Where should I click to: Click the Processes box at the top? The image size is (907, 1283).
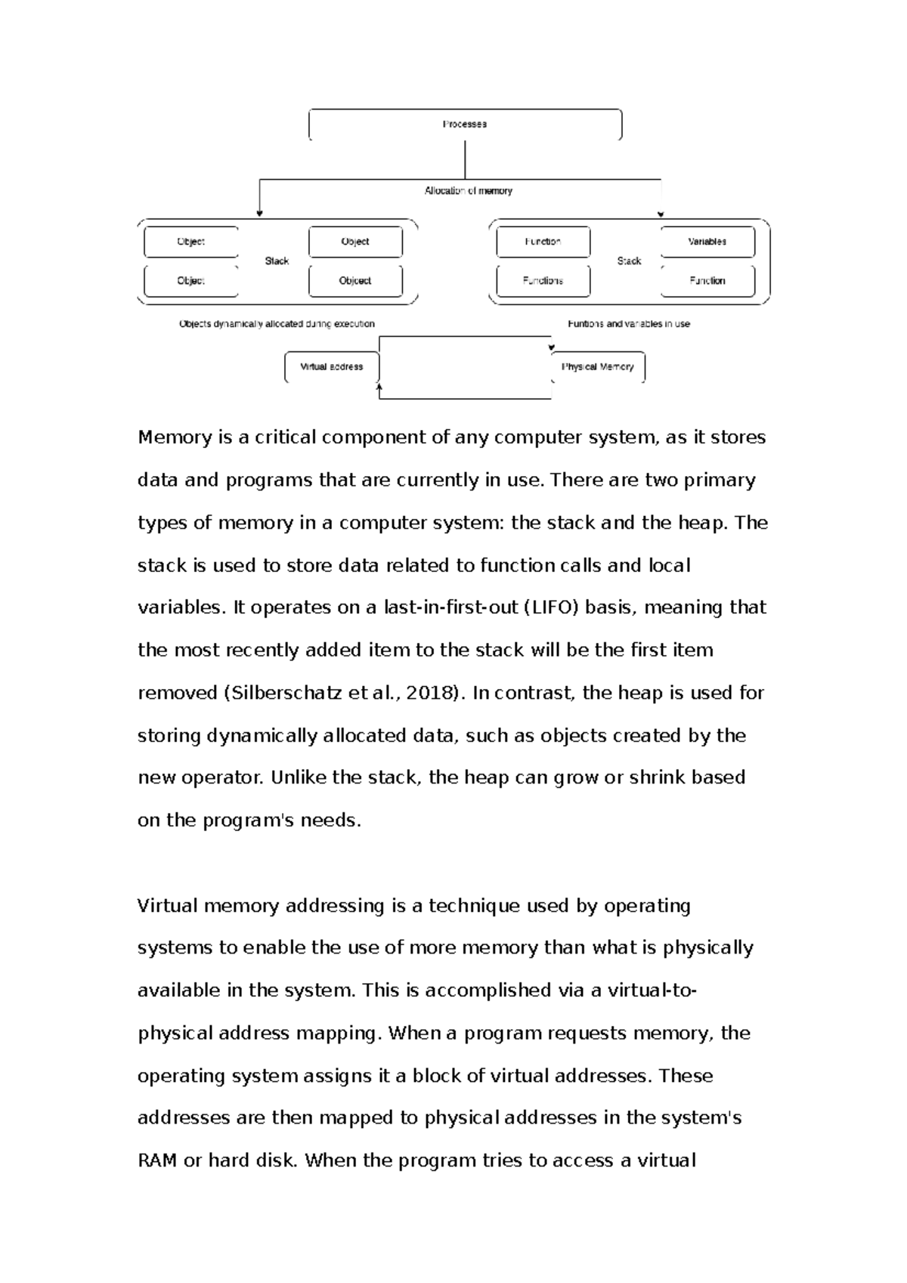(x=465, y=125)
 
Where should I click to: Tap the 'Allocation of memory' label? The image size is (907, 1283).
(x=468, y=191)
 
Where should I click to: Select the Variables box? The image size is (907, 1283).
(x=707, y=242)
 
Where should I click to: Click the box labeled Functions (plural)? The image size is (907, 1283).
(x=543, y=280)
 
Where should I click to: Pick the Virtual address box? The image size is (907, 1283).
(x=331, y=367)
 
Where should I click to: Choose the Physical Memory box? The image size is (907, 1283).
(x=598, y=367)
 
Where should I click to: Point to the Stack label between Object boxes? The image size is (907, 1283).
(x=277, y=261)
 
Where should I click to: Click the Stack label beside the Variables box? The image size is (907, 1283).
(x=629, y=261)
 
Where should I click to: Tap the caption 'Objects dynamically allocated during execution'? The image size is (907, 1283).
(x=277, y=323)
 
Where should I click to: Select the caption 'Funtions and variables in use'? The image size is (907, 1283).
(x=629, y=323)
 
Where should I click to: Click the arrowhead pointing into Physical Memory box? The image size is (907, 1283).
(x=551, y=348)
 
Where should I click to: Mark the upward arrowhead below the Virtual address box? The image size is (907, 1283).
(x=379, y=387)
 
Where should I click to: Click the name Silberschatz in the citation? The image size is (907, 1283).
(x=285, y=693)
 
